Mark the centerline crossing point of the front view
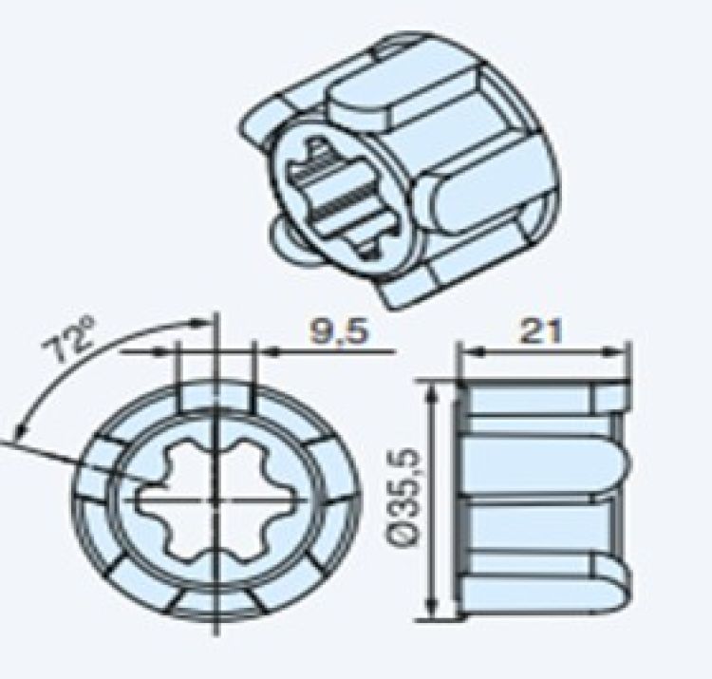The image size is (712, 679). coord(217,498)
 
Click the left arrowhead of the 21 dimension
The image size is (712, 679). coord(466,351)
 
